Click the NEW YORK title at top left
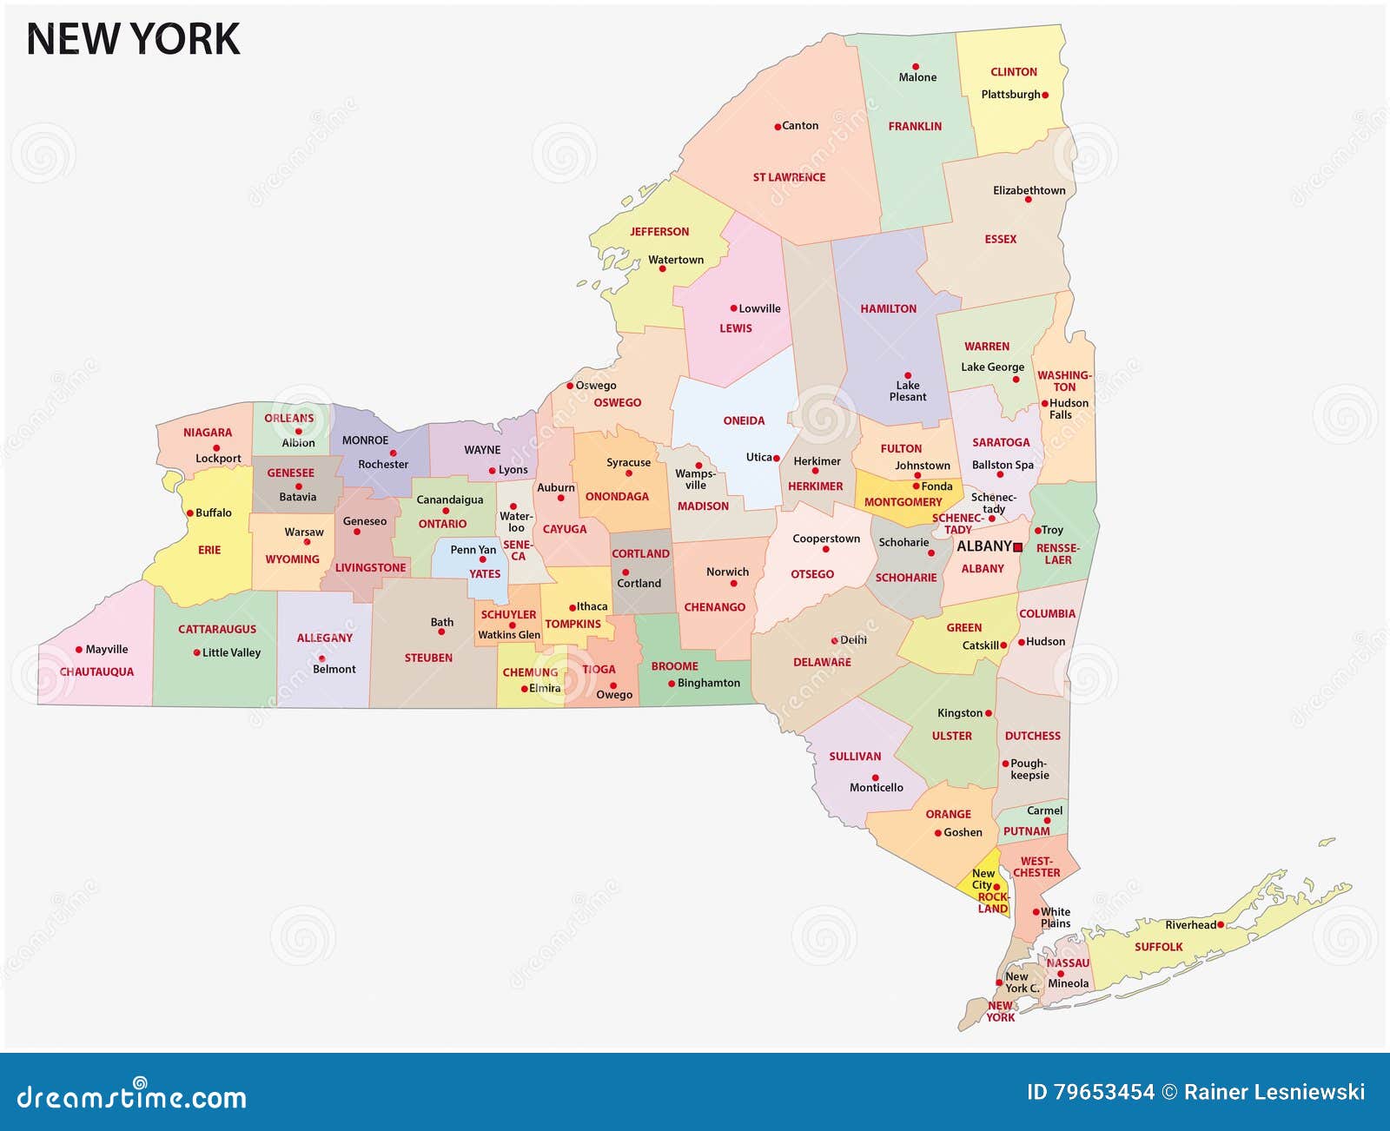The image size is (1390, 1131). pos(133,40)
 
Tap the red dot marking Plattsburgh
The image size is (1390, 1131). pos(1045,96)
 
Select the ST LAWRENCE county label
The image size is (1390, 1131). pos(789,177)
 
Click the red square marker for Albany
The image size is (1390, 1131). pos(1017,547)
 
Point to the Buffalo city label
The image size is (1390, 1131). pos(213,513)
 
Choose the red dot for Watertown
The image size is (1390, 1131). pos(662,268)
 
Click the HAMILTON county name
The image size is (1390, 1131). pos(888,308)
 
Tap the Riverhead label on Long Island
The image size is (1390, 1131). pos(1190,925)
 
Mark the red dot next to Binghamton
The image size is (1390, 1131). pos(672,684)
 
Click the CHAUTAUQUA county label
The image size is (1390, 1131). pos(96,671)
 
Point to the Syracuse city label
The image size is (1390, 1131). pos(628,462)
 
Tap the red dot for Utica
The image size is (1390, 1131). pos(777,458)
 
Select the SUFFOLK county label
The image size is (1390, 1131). pos(1158,947)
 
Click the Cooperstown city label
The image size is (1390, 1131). pos(825,539)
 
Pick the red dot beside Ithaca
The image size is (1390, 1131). pos(572,607)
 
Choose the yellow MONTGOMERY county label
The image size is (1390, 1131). pos(903,502)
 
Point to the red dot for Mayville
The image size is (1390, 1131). pos(79,650)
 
